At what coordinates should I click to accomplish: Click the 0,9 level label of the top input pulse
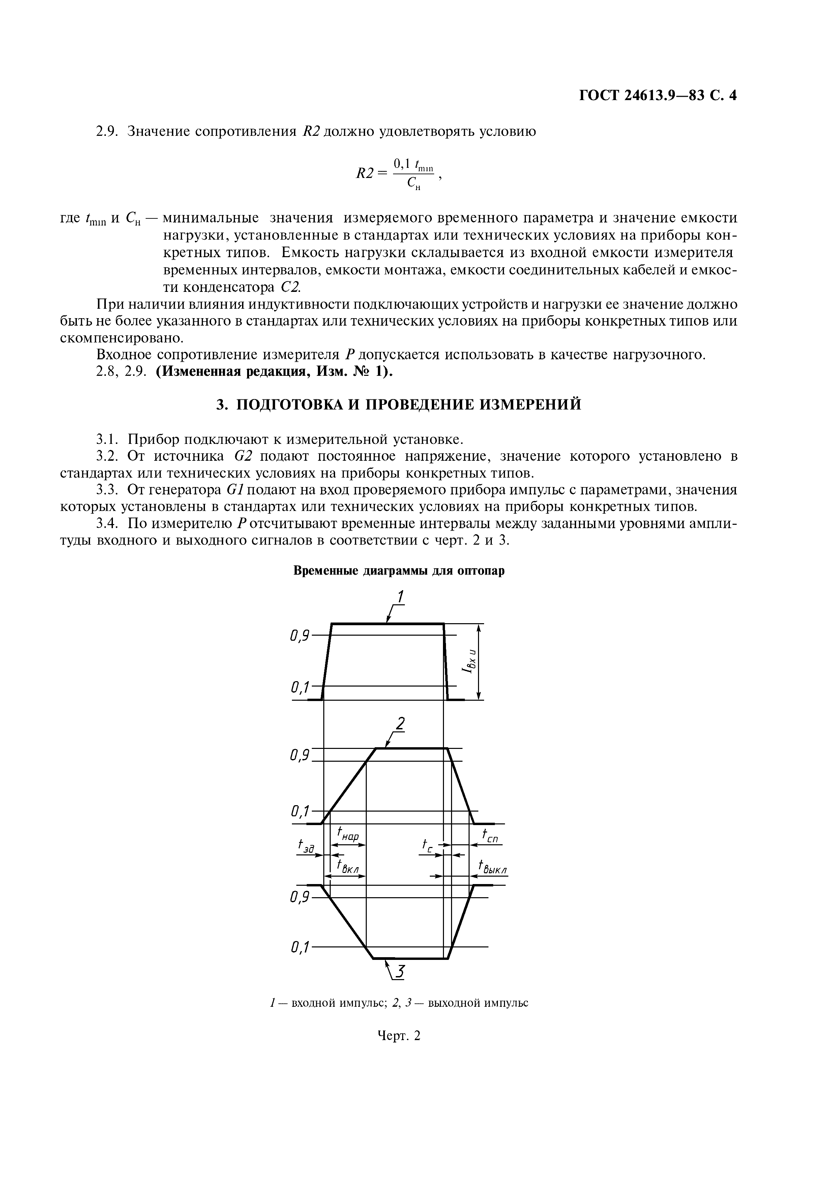point(300,636)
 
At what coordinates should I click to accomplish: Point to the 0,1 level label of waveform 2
point(300,812)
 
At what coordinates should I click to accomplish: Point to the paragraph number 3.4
point(108,524)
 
